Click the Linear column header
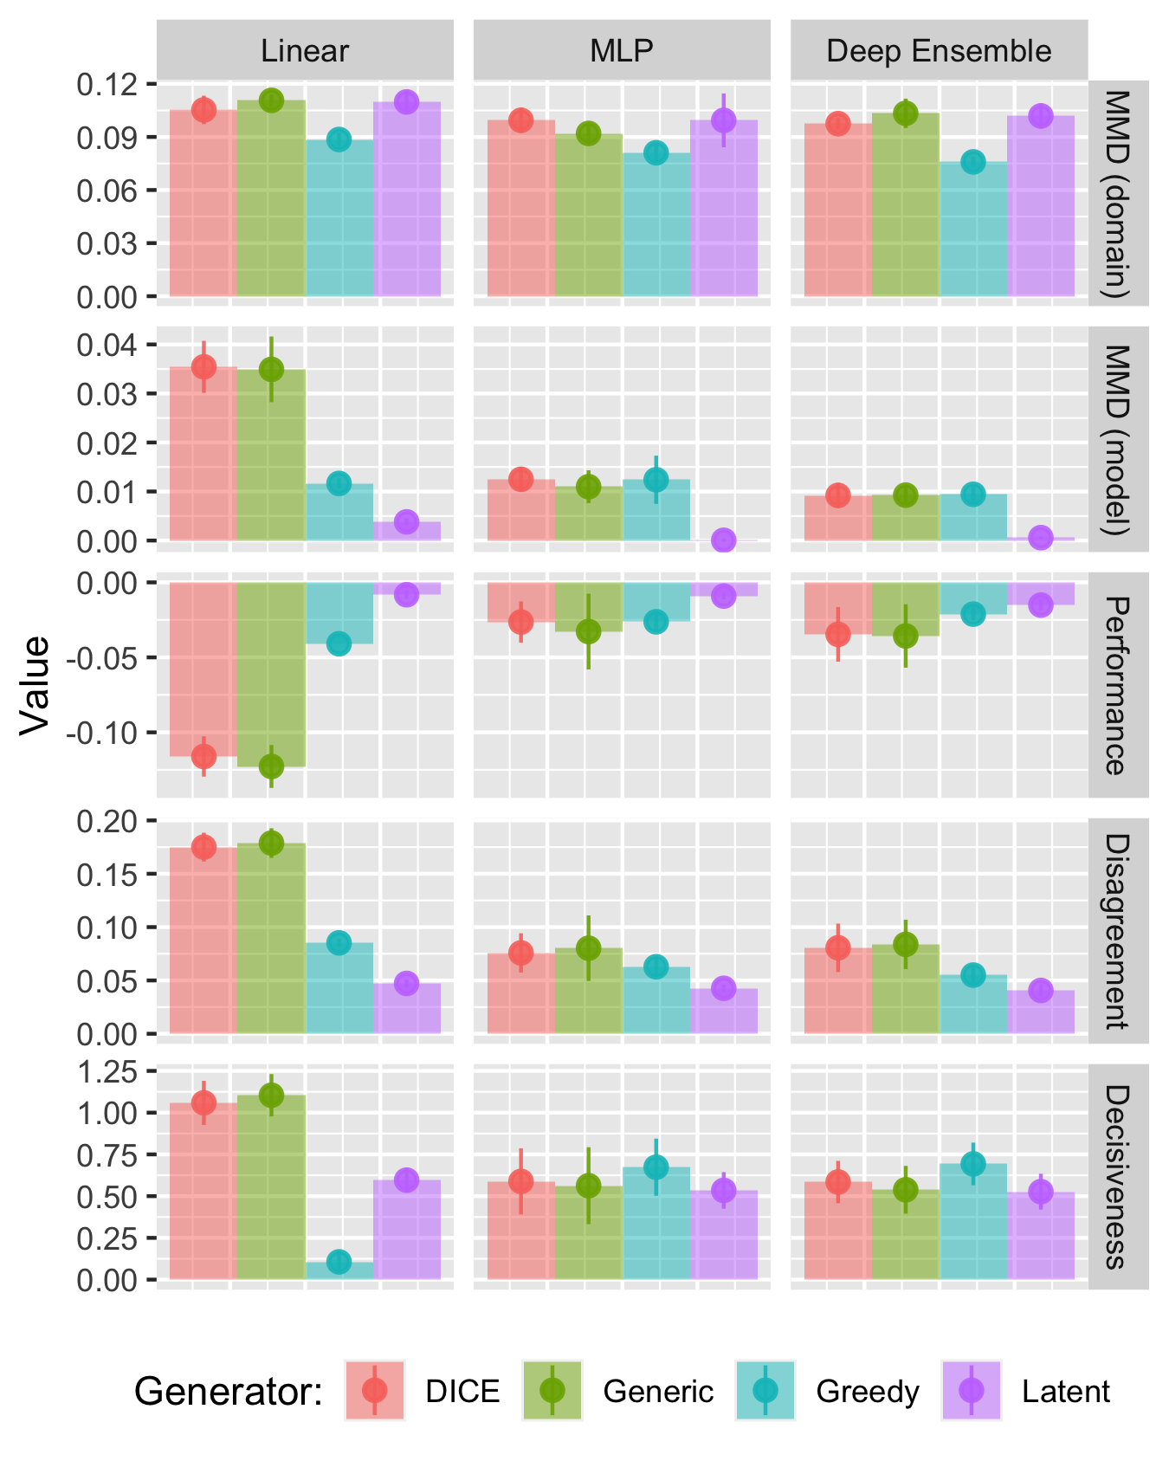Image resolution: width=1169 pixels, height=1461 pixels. [305, 51]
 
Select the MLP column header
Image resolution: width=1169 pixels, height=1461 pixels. [622, 51]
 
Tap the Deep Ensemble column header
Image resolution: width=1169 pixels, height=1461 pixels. [939, 51]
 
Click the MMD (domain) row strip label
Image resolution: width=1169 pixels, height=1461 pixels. [1117, 193]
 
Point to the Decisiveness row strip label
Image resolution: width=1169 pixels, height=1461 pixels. [1117, 1176]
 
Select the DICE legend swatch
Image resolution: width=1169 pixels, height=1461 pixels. [375, 1391]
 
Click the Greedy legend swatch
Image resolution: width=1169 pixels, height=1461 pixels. [765, 1391]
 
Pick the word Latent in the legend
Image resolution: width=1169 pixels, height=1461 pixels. [1065, 1392]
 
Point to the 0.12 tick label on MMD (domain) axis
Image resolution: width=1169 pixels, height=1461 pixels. [107, 85]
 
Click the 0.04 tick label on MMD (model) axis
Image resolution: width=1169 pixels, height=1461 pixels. [107, 346]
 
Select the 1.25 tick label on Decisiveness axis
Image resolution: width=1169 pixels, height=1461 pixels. [107, 1072]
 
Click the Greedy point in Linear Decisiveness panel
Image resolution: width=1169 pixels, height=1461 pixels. [339, 1262]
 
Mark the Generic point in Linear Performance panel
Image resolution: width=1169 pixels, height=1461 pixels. [271, 766]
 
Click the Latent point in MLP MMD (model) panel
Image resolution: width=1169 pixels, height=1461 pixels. [724, 540]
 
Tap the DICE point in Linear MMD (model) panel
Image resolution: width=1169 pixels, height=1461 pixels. [203, 367]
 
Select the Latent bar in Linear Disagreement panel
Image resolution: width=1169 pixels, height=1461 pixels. [407, 1008]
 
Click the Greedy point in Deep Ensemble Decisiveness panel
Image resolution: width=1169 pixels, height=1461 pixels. [973, 1163]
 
